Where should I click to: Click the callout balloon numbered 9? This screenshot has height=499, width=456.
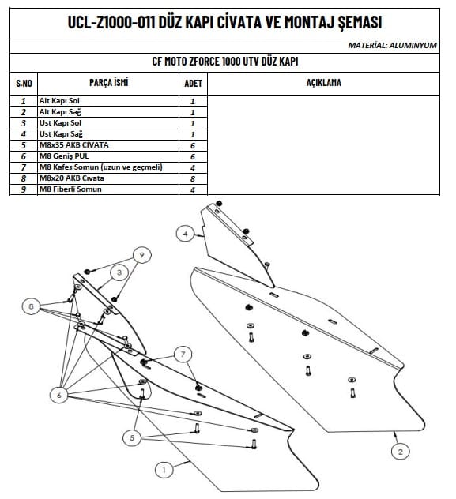(142, 255)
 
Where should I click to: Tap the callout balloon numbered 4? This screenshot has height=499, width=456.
(186, 234)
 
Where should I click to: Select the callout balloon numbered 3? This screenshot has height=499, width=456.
(119, 272)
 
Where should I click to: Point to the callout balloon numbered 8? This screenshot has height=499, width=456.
(31, 306)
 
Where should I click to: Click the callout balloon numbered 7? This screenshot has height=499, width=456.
(183, 355)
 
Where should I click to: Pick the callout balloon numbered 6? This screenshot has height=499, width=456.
(59, 396)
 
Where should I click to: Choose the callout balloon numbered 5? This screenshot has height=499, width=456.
(132, 438)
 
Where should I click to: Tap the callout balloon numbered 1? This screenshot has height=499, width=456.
(164, 470)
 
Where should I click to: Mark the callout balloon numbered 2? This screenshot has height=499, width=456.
(400, 452)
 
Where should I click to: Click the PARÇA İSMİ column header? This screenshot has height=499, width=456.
(108, 82)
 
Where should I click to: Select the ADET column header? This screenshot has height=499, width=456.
(194, 84)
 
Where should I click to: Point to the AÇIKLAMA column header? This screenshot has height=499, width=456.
(323, 82)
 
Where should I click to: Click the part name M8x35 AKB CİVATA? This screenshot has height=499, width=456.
(73, 144)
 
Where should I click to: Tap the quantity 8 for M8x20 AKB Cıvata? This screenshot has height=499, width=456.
(193, 178)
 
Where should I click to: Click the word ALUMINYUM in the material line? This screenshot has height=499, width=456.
(413, 46)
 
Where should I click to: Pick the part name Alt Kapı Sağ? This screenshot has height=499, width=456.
(60, 111)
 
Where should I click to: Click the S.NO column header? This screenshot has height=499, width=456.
(24, 84)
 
